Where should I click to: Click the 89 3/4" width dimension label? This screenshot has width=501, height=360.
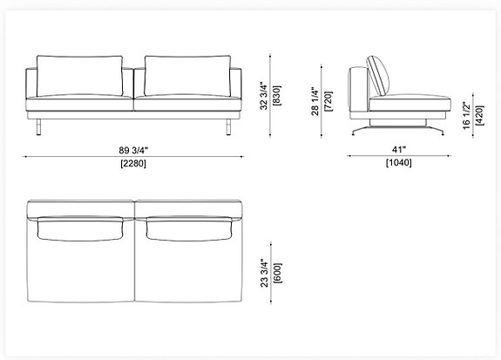click(132, 147)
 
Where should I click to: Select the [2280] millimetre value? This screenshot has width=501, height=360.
click(132, 163)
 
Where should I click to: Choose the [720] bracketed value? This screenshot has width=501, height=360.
click(328, 100)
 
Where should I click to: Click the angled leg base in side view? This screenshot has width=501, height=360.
click(401, 127)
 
